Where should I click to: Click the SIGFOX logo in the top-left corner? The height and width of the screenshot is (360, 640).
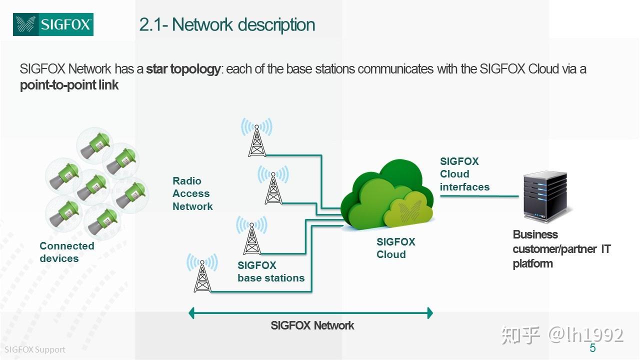point(53,24)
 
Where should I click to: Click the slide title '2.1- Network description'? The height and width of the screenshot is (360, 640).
point(227,24)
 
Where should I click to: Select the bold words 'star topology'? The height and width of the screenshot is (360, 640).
point(183,69)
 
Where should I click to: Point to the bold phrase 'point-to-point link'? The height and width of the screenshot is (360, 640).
point(69,85)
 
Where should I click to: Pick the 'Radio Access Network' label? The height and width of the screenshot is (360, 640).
point(192,193)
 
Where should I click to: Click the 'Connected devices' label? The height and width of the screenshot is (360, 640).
point(66,252)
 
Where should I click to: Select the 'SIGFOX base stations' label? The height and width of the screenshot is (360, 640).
point(271,272)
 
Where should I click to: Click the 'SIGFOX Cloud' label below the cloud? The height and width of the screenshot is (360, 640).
point(395,248)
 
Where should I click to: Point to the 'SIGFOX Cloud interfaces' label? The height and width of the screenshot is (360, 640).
point(464,174)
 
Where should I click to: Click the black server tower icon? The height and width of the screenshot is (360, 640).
point(545,197)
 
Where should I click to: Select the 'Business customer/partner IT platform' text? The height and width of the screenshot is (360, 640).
point(561,249)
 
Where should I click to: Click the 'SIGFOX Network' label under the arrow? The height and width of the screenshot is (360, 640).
point(312,325)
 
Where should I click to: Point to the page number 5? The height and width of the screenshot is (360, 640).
point(592,348)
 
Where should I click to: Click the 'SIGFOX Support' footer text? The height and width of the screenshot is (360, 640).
point(35,349)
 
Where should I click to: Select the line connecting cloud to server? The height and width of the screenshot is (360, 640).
point(479,196)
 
